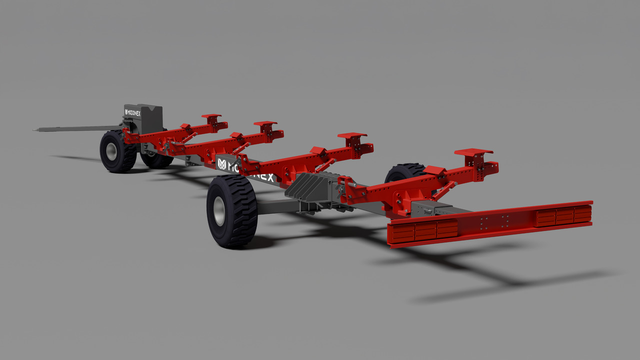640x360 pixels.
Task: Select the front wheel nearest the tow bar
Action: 117,151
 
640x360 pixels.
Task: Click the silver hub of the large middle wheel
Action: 219,211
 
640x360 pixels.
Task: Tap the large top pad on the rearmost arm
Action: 473,151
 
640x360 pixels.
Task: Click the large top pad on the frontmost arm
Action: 211,116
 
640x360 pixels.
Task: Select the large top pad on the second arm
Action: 265,123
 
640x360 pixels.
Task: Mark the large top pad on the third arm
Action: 352,135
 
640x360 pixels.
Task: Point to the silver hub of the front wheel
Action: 111,151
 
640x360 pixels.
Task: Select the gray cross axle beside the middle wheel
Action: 275,205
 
